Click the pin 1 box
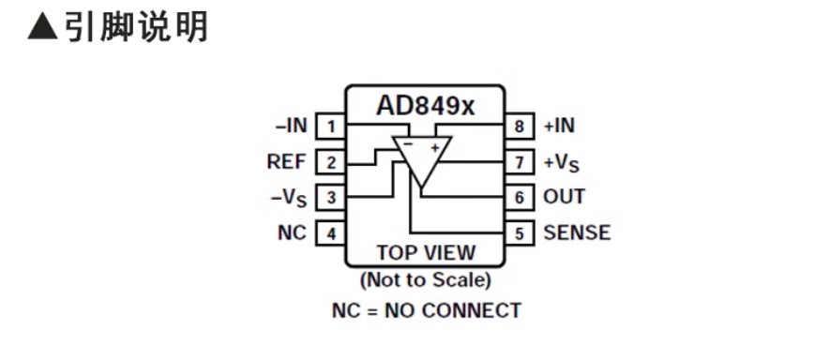pos(331,127)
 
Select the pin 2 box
pos(331,162)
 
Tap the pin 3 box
pos(331,198)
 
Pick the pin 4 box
pos(331,232)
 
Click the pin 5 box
pos(520,232)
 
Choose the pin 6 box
pos(520,198)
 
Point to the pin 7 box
pos(520,162)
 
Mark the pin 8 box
pos(520,127)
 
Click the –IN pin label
pos(291,126)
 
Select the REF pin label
pos(287,161)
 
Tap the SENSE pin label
pos(577,232)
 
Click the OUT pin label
pos(565,197)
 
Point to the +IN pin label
pos(560,126)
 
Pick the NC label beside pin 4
pos(293,232)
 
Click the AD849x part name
pos(425,105)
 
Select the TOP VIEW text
pos(426,252)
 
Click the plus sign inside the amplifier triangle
pos(435,148)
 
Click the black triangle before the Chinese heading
pos(42,26)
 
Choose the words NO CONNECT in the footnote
pos(453,310)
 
